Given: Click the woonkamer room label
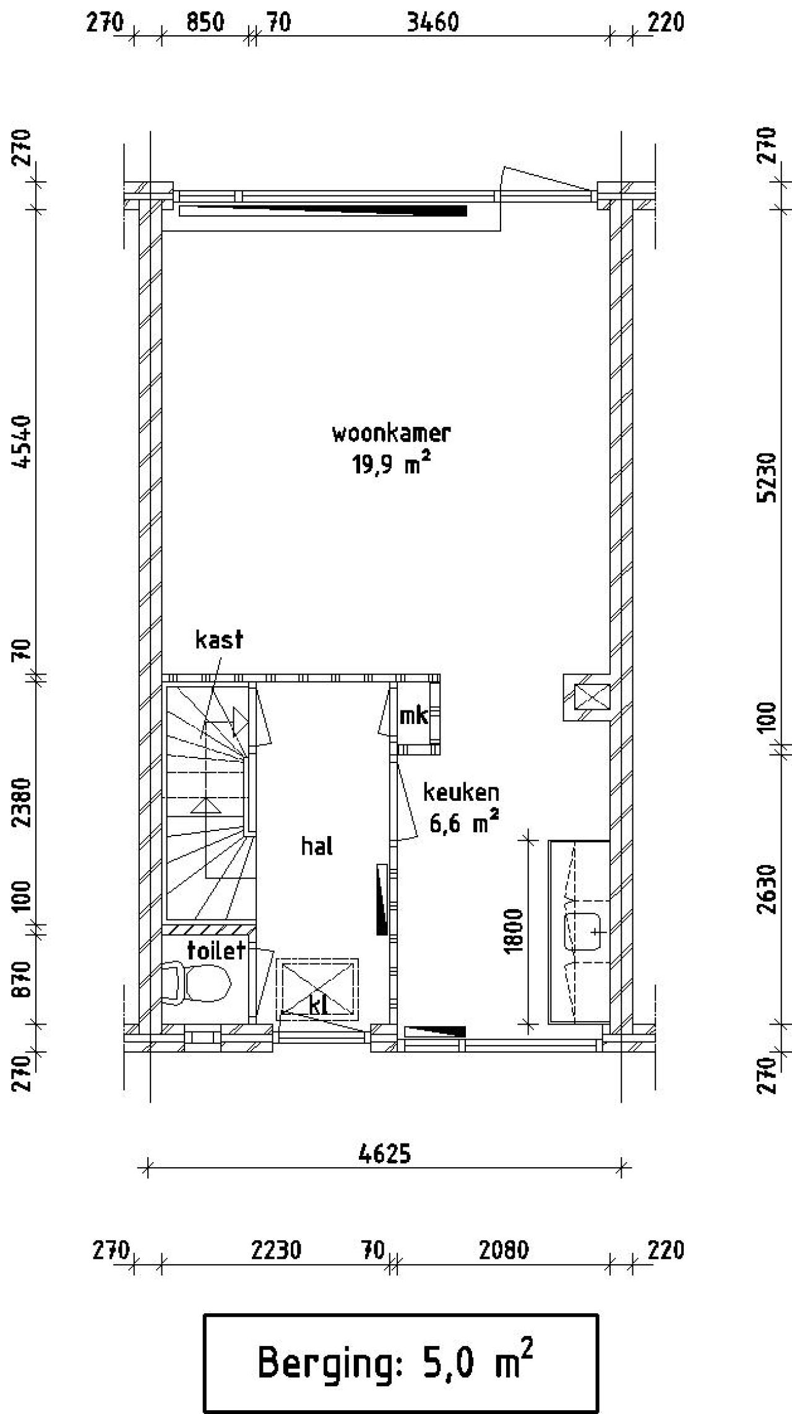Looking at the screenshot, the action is click(x=391, y=433).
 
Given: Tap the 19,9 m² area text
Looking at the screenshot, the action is click(x=391, y=463).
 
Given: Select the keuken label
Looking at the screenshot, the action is click(x=461, y=792).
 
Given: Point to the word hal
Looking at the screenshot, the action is click(x=317, y=846).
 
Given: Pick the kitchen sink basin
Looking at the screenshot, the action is click(x=583, y=931).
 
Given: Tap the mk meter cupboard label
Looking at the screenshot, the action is click(x=414, y=716).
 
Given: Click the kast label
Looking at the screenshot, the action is click(x=219, y=639).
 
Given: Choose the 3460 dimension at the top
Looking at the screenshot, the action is click(x=433, y=23).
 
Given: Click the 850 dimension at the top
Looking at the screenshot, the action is click(x=205, y=23).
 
